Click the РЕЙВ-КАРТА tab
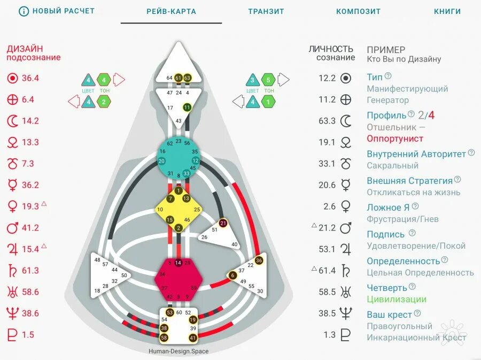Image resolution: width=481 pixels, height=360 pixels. (171, 11)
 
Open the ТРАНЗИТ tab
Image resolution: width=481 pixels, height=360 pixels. (266, 11)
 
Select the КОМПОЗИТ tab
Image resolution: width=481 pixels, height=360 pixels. (358, 11)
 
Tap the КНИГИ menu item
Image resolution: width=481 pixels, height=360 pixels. (447, 11)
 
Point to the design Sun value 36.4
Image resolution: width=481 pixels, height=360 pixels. (30, 78)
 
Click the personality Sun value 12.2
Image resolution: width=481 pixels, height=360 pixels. (327, 78)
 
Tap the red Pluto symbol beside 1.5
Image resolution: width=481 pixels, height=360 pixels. (12, 335)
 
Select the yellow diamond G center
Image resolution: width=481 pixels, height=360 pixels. (179, 209)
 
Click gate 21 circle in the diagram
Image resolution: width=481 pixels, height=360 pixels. (224, 223)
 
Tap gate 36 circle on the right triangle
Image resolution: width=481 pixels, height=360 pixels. (259, 261)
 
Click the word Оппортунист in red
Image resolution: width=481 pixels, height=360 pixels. (395, 139)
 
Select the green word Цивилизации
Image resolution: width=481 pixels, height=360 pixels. (397, 300)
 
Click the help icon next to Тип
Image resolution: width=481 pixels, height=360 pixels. (388, 76)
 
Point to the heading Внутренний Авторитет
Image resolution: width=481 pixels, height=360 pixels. (416, 154)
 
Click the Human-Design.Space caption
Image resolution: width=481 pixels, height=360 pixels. (179, 351)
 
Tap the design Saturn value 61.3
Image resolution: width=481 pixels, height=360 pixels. (30, 271)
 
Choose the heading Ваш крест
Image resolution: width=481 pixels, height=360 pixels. (389, 315)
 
